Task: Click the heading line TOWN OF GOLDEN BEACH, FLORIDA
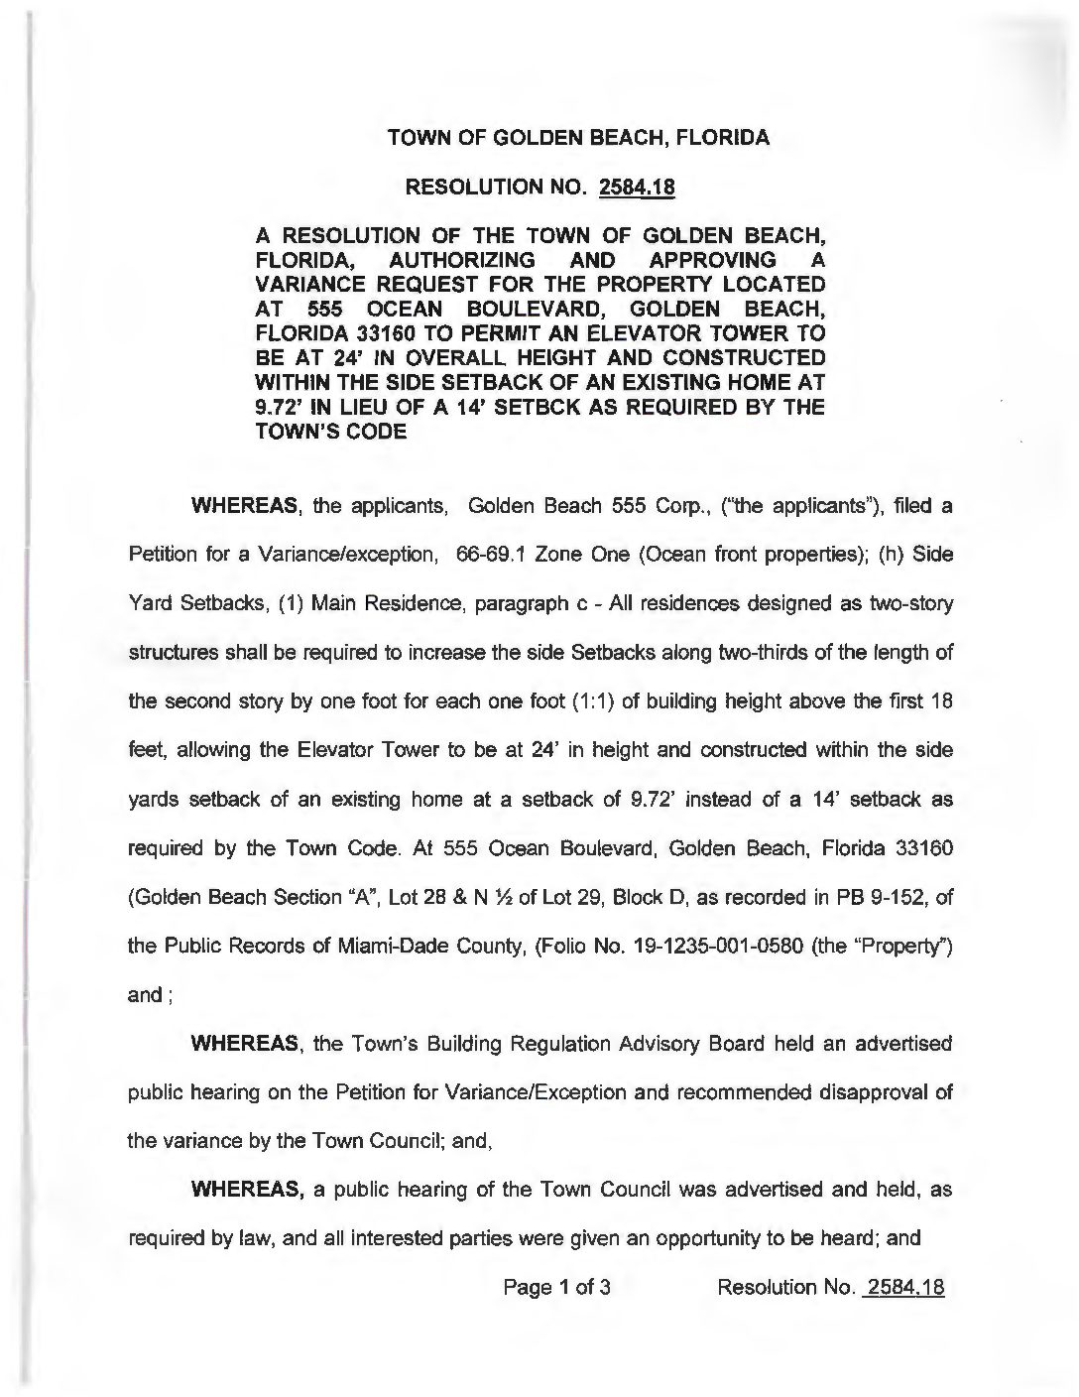coord(577,138)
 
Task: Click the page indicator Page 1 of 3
coord(556,1289)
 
